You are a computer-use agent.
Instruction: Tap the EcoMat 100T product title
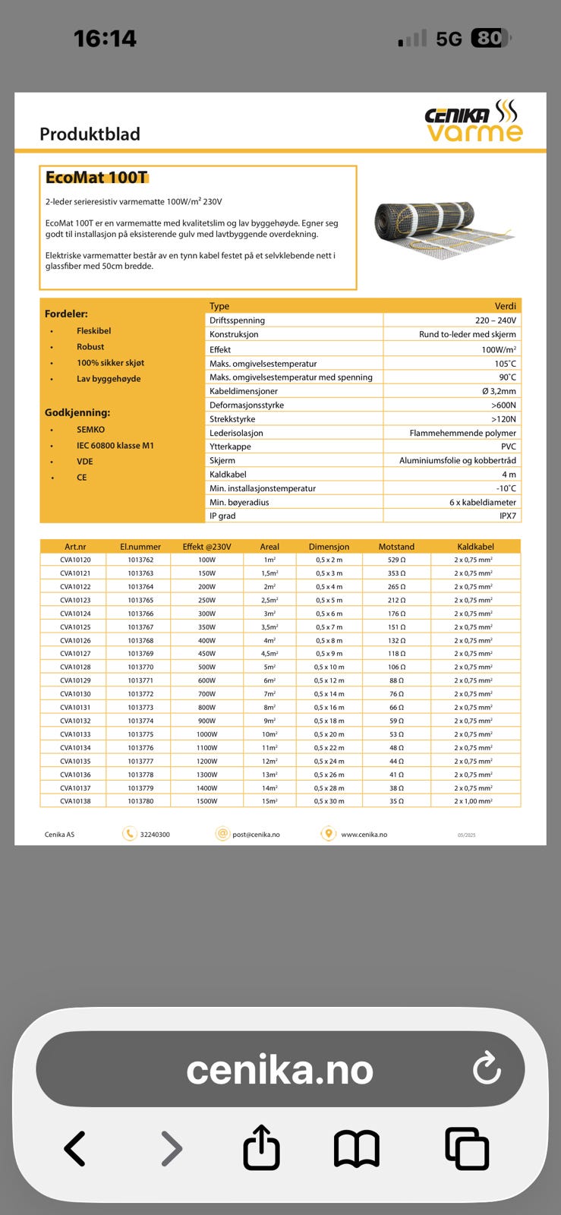coord(96,178)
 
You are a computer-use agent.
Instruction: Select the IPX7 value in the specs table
coord(507,516)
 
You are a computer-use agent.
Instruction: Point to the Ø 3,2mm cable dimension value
coord(499,391)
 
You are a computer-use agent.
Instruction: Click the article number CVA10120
coord(75,560)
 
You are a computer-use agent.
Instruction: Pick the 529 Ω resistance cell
coord(396,560)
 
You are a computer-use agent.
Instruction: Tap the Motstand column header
coord(396,547)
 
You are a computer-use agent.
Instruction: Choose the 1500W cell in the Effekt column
coord(206,801)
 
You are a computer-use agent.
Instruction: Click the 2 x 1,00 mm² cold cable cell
coord(473,801)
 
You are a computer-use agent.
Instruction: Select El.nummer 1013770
coord(140,667)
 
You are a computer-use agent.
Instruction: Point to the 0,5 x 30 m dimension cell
coord(329,801)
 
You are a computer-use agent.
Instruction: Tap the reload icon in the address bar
coord(487,1068)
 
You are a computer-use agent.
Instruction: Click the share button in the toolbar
coord(261,1147)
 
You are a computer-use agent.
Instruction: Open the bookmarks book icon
coord(357,1148)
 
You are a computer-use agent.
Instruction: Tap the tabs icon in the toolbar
coord(466,1148)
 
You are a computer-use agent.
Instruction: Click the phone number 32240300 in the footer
coord(155,835)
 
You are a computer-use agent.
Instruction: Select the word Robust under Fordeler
coord(90,347)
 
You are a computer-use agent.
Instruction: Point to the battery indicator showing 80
coord(490,38)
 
